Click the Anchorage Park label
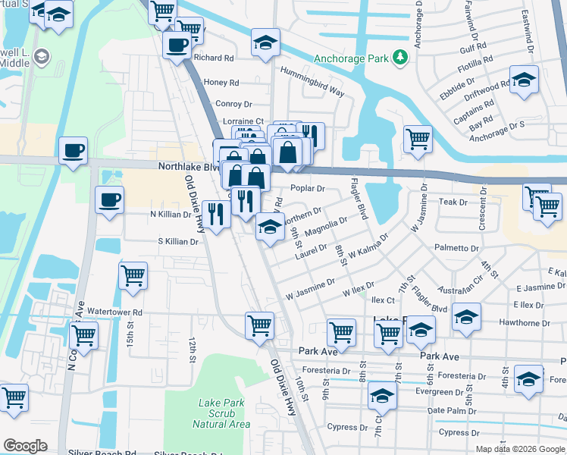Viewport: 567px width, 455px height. coord(349,58)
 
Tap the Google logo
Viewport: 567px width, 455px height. coord(25,446)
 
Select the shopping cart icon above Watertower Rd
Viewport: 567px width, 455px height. coord(133,275)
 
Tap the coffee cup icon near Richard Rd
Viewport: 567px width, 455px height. coord(177,45)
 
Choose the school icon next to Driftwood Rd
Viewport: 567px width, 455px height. coord(524,80)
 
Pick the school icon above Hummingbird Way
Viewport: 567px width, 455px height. coord(265,42)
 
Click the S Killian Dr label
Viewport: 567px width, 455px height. coord(177,242)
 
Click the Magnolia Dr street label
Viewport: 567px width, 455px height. coord(325,227)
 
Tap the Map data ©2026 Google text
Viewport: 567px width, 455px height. coord(519,449)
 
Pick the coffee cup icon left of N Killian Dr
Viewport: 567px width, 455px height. coord(109,200)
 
